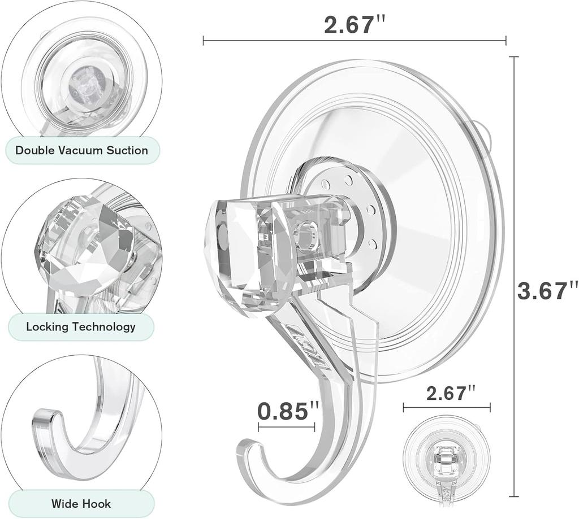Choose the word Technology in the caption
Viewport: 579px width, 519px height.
tap(107, 326)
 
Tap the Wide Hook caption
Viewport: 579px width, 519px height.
tap(81, 504)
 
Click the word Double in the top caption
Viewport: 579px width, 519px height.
tap(35, 150)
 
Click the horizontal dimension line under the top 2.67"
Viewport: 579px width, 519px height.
tap(354, 41)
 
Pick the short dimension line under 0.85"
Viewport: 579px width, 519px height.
tap(286, 428)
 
